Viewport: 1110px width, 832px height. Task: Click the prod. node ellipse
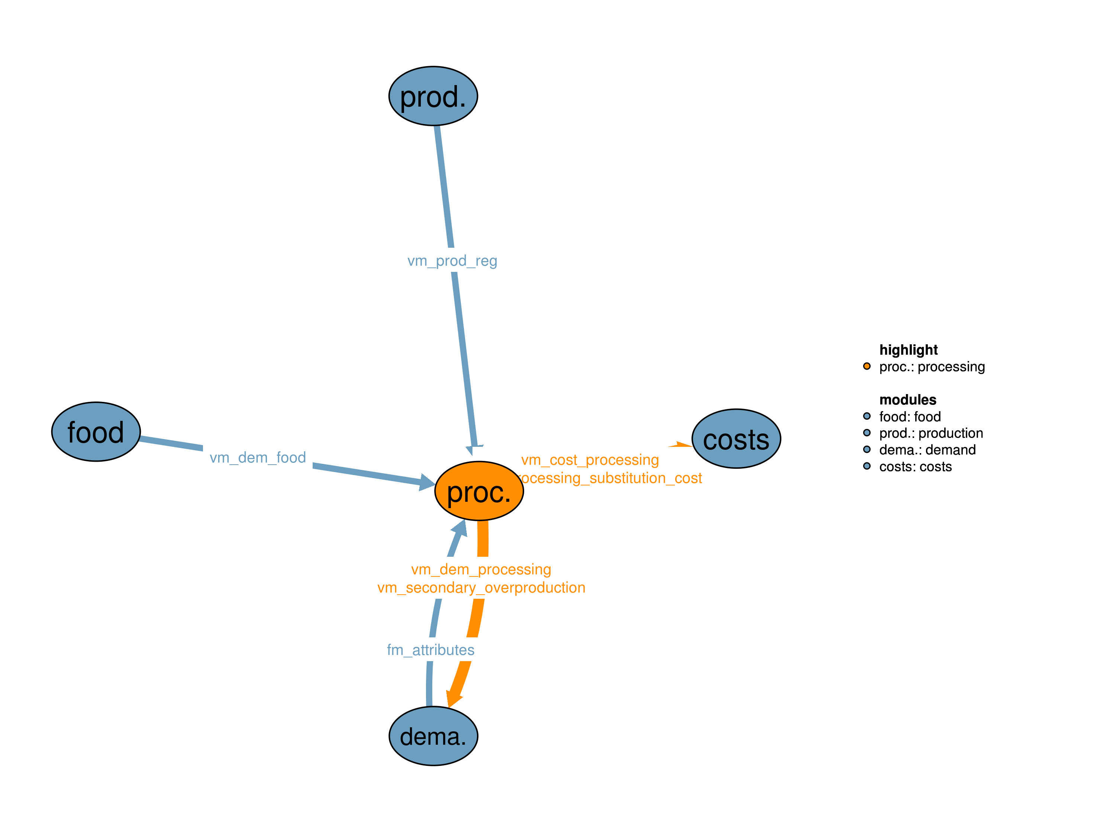pos(433,96)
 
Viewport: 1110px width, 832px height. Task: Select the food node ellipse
pos(96,432)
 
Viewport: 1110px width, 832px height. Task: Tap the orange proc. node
pos(479,491)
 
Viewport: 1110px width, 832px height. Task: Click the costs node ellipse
pos(736,439)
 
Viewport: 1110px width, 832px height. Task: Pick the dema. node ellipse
pos(433,736)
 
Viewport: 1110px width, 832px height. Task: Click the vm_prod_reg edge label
pos(452,261)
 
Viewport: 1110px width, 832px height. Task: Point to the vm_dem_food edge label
pos(258,457)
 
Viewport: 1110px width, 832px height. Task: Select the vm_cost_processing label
pos(590,460)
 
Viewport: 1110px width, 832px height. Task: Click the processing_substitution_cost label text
pos(611,478)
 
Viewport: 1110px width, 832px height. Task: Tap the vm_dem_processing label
pos(481,569)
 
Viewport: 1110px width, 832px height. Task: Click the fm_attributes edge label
pos(430,650)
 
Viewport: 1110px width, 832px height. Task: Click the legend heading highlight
pos(908,350)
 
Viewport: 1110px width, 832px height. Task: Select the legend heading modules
pos(908,400)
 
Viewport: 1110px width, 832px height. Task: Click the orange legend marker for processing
pos(867,366)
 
